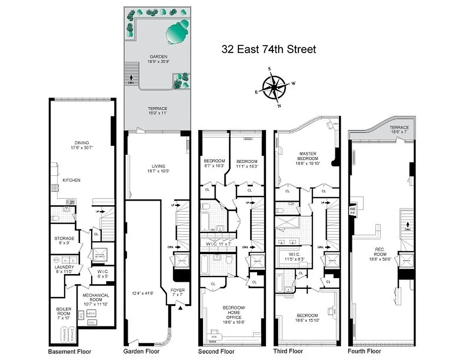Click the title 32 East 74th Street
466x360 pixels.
point(268,49)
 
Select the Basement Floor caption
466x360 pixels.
point(69,351)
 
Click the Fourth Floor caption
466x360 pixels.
point(364,351)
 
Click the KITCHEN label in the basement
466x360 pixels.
point(72,180)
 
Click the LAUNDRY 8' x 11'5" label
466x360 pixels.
point(64,269)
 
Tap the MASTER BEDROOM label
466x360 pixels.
point(308,159)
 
